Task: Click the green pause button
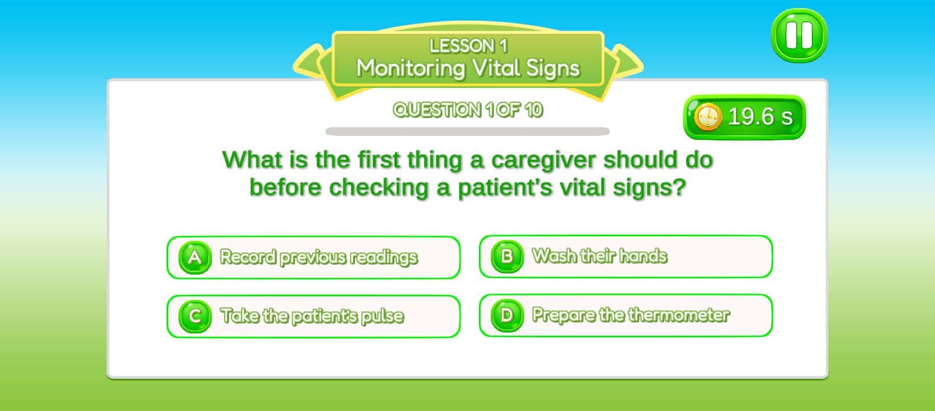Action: (799, 35)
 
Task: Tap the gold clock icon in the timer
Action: (708, 118)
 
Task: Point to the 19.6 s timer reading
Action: (760, 117)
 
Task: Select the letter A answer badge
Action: (195, 257)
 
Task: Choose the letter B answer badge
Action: (507, 256)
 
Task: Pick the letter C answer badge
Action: (195, 316)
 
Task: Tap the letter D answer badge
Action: (507, 315)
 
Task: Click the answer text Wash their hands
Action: (599, 256)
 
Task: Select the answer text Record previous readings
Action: (319, 257)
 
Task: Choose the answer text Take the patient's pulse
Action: (312, 316)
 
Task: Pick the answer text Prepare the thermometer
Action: (631, 315)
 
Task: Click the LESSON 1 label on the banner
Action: (468, 46)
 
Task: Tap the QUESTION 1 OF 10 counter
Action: (467, 110)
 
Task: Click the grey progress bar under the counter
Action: (467, 132)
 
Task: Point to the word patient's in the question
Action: (505, 188)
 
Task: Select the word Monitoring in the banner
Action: (410, 68)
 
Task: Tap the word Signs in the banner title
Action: (552, 68)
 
